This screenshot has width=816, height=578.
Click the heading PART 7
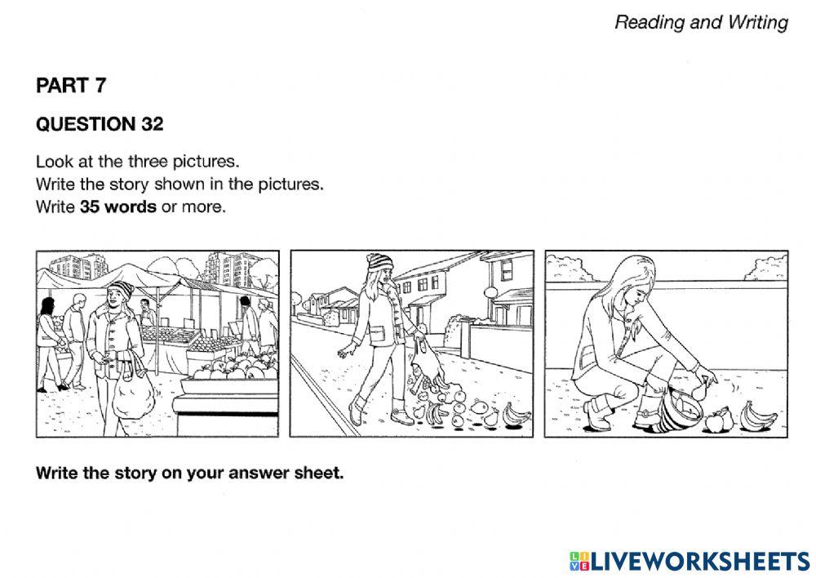tap(71, 85)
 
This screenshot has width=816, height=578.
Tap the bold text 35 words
tap(118, 207)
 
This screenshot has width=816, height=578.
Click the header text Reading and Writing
tap(701, 22)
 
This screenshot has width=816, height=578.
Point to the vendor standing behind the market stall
tap(146, 314)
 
